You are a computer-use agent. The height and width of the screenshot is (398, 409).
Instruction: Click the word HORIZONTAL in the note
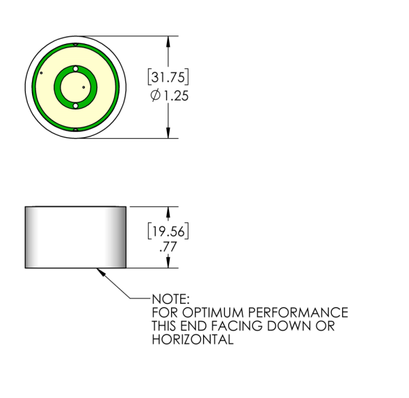pyautogui.click(x=191, y=339)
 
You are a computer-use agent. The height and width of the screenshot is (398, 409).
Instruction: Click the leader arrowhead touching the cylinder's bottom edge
pyautogui.click(x=102, y=272)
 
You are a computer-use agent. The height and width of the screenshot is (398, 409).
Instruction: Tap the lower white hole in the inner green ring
pyautogui.click(x=75, y=105)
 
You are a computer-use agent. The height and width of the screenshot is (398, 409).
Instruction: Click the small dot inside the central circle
pyautogui.click(x=83, y=87)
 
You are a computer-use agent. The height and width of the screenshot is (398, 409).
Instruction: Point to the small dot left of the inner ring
pyautogui.click(x=42, y=72)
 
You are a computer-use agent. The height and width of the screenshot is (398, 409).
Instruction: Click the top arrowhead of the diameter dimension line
pyautogui.click(x=168, y=40)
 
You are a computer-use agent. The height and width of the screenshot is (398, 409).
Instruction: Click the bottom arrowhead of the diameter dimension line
pyautogui.click(x=168, y=133)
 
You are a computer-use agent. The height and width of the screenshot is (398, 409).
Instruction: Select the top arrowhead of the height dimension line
pyautogui.click(x=168, y=211)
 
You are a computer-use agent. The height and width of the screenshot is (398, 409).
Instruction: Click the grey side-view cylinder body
pyautogui.click(x=75, y=237)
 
